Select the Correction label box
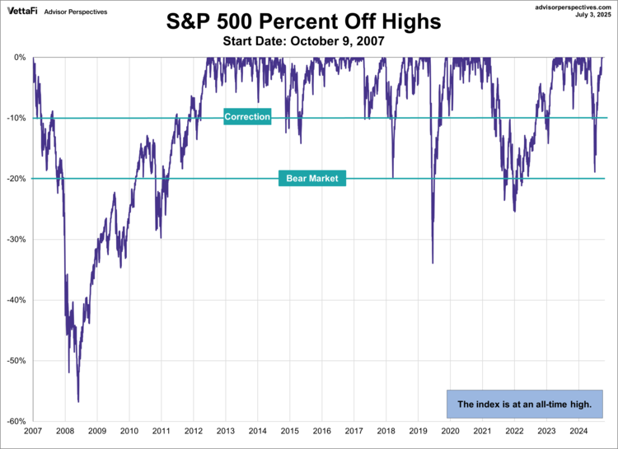pyautogui.click(x=247, y=117)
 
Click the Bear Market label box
pyautogui.click(x=312, y=178)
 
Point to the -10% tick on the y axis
pyautogui.click(x=16, y=118)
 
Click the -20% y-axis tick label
pyautogui.click(x=16, y=179)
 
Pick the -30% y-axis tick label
pyautogui.click(x=16, y=240)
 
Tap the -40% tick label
pyautogui.click(x=16, y=300)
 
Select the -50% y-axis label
pyautogui.click(x=16, y=361)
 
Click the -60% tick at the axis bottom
pyautogui.click(x=16, y=421)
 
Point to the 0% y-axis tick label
pyautogui.click(x=19, y=57)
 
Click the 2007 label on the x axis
pyautogui.click(x=33, y=431)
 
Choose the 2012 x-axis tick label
pyautogui.click(x=194, y=431)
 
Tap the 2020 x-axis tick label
pyautogui.click(x=451, y=431)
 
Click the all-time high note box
pyautogui.click(x=524, y=405)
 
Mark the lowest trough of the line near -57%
pyautogui.click(x=78, y=401)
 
